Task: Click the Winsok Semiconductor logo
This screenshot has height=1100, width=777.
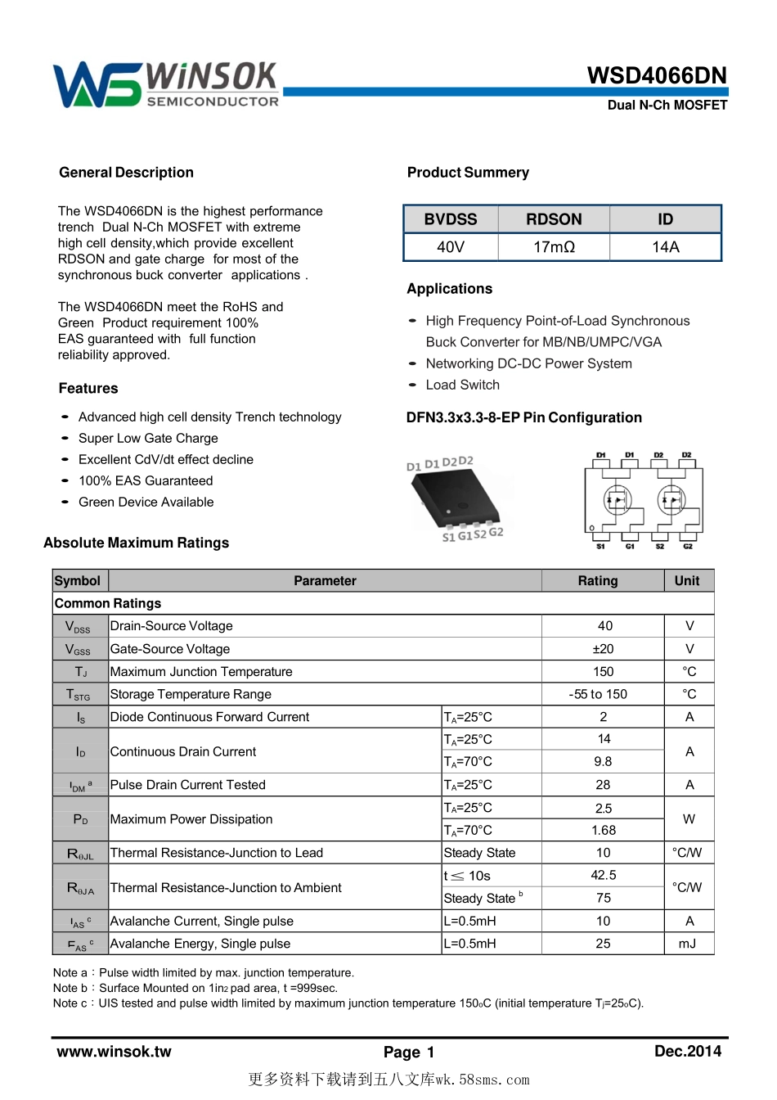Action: tap(166, 84)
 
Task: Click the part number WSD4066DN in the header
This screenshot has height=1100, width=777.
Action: tap(657, 76)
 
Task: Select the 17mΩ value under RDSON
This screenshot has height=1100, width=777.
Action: tap(554, 247)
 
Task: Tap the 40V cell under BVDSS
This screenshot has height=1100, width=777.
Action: tap(451, 247)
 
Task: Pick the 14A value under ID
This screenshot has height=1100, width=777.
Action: tap(665, 247)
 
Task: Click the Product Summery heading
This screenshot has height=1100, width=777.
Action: tap(468, 173)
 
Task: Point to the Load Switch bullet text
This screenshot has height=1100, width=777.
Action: tap(462, 385)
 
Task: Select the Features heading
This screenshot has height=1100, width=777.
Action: tap(88, 388)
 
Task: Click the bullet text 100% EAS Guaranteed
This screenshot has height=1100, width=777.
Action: tap(146, 480)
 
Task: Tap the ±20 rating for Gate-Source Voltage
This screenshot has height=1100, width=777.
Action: tap(603, 649)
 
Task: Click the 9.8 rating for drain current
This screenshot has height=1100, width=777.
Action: tap(603, 761)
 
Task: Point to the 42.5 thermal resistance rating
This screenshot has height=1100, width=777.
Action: tap(603, 875)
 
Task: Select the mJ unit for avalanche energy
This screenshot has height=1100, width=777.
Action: tap(688, 944)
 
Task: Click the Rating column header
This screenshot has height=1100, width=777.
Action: tap(598, 580)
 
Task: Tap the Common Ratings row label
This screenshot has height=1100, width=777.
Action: tap(108, 603)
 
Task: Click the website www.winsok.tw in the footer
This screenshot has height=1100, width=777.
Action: tap(114, 1052)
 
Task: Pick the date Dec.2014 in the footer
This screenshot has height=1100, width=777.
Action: tap(687, 1051)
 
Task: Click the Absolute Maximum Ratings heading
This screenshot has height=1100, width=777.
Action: tap(137, 543)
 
